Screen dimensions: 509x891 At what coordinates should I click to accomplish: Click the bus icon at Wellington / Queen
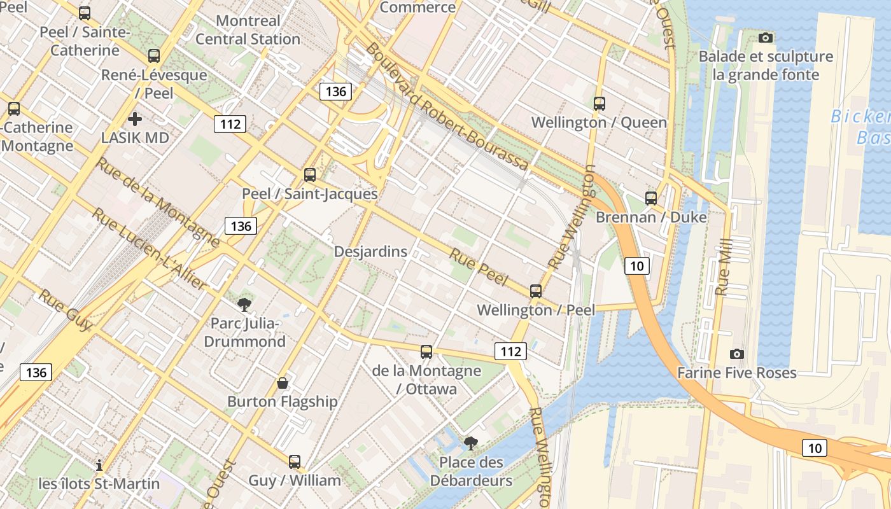pyautogui.click(x=599, y=103)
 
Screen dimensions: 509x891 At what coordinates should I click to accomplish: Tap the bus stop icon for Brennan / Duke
pyautogui.click(x=650, y=198)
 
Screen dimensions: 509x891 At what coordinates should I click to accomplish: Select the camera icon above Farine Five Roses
pyautogui.click(x=736, y=354)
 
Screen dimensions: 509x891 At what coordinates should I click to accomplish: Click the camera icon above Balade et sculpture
pyautogui.click(x=766, y=38)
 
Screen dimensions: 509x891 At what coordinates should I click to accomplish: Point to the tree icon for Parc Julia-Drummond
pyautogui.click(x=244, y=305)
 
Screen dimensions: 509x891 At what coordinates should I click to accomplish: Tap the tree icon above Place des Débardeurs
pyautogui.click(x=470, y=443)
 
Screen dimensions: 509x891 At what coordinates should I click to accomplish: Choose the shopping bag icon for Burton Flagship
pyautogui.click(x=283, y=382)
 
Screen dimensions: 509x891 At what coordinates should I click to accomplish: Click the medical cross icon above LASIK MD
pyautogui.click(x=134, y=119)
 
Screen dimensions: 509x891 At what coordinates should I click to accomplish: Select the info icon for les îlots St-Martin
pyautogui.click(x=99, y=465)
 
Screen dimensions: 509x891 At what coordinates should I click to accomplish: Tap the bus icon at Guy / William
pyautogui.click(x=294, y=462)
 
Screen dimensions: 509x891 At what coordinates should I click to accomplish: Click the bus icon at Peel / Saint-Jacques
pyautogui.click(x=310, y=174)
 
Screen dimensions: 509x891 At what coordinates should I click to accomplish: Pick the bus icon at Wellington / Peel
pyautogui.click(x=536, y=291)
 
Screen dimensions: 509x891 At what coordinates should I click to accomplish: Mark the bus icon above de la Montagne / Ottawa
pyautogui.click(x=426, y=351)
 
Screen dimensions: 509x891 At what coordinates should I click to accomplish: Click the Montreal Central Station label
pyautogui.click(x=248, y=30)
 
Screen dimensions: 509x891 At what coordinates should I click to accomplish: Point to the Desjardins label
pyautogui.click(x=370, y=251)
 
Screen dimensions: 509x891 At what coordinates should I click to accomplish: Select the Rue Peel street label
pyautogui.click(x=479, y=267)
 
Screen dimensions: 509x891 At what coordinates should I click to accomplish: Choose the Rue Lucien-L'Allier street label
pyautogui.click(x=150, y=249)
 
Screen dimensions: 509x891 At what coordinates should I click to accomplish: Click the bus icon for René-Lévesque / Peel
pyautogui.click(x=153, y=56)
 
